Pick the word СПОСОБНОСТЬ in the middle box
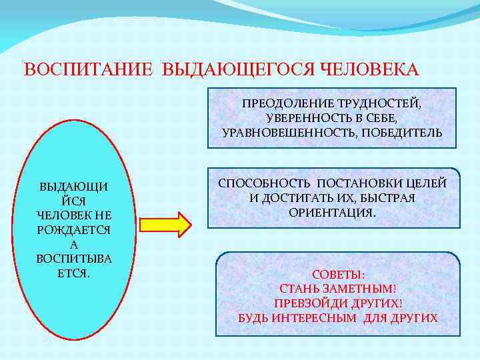tap(265, 184)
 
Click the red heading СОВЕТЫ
tap(338, 275)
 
